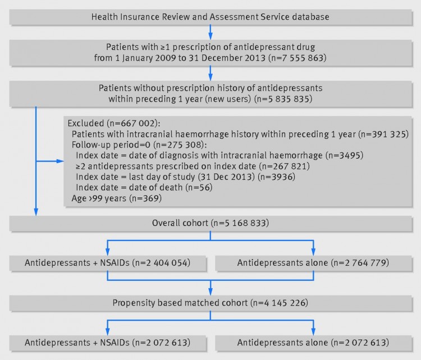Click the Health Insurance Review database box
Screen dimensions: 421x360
(x=210, y=17)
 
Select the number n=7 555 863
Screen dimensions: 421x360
(x=297, y=58)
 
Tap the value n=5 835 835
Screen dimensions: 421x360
(x=283, y=99)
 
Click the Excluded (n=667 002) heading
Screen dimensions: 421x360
(x=114, y=123)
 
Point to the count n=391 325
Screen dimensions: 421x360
(x=383, y=134)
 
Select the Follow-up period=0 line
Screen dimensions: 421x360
(x=139, y=145)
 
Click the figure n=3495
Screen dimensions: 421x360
(x=344, y=155)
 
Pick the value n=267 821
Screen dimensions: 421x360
(x=285, y=167)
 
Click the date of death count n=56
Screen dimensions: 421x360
(x=199, y=187)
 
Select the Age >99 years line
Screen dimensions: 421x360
(x=117, y=199)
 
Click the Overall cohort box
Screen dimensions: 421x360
(x=210, y=224)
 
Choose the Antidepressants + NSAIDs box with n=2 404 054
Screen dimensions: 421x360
(x=108, y=263)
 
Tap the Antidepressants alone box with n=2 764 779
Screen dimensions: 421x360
(x=314, y=263)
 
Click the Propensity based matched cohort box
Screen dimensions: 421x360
(x=210, y=303)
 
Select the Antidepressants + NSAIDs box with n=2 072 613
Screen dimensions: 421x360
(x=108, y=343)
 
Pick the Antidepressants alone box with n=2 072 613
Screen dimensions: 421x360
(x=314, y=343)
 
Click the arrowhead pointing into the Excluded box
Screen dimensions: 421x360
(x=61, y=161)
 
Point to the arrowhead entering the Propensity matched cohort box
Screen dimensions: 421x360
(x=210, y=292)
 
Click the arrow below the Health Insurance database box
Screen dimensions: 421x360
(x=210, y=33)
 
